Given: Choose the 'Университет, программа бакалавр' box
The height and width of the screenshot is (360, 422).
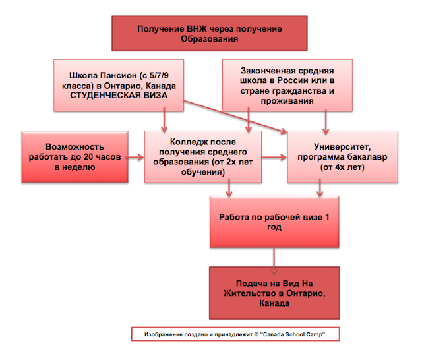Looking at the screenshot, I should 342,157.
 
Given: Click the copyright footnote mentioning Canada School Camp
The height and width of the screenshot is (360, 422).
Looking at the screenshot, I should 241,335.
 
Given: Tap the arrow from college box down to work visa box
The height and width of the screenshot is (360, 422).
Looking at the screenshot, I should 229,189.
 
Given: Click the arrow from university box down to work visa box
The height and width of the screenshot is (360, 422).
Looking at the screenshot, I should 321,189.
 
